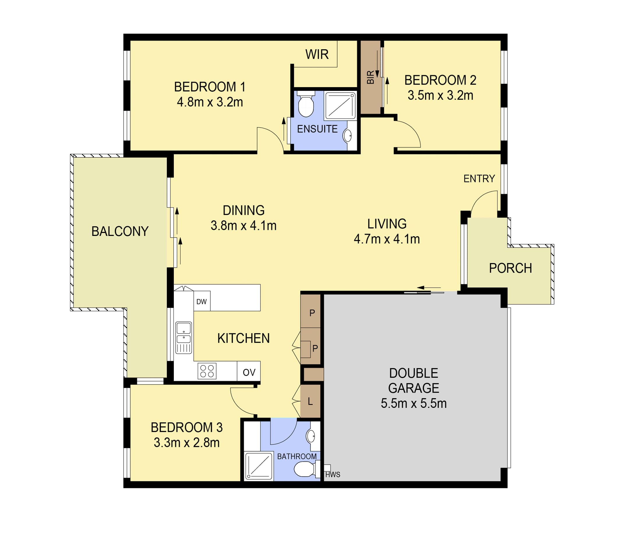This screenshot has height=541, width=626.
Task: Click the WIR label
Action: (317, 54)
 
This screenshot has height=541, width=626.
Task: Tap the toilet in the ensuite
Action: (306, 104)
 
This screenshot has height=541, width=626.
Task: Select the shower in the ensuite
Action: (340, 106)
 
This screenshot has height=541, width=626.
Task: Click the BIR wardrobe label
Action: (370, 77)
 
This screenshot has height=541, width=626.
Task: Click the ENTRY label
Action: (479, 179)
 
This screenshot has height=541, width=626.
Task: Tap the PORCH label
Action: (510, 268)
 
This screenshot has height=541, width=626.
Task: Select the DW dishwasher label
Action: (201, 301)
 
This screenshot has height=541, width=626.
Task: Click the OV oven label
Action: (249, 372)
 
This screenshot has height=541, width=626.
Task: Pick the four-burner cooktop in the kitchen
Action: (207, 371)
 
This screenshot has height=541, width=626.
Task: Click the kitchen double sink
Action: (184, 337)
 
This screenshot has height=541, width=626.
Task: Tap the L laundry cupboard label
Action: (310, 402)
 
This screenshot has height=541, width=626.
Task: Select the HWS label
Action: (333, 475)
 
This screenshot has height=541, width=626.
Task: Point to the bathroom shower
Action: (259, 466)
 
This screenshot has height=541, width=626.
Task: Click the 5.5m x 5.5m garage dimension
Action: (414, 403)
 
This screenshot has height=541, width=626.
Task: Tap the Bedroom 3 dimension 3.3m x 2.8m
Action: (187, 443)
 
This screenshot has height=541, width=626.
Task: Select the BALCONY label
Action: (120, 231)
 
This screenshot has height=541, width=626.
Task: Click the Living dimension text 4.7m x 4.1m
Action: (387, 239)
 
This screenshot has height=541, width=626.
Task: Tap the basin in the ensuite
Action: (347, 136)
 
